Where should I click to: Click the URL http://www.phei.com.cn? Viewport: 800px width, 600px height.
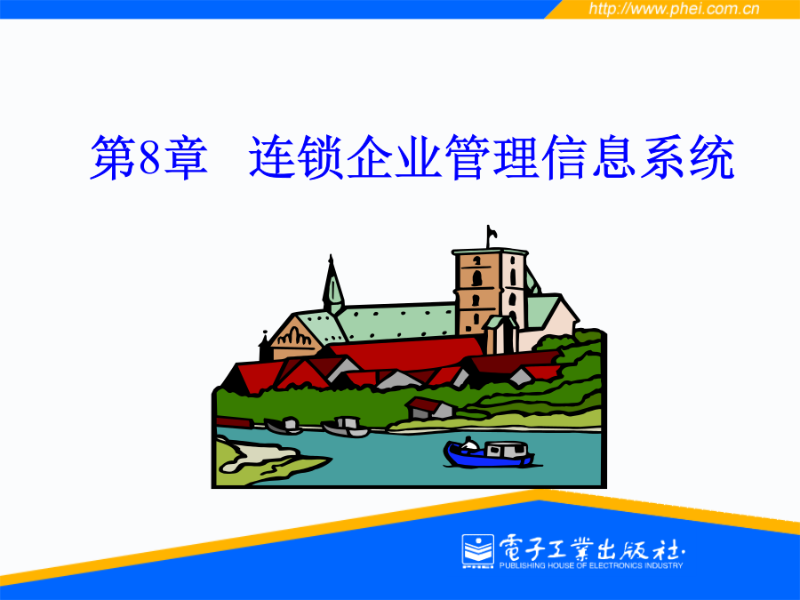click(674, 9)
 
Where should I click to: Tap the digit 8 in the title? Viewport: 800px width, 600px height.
click(149, 157)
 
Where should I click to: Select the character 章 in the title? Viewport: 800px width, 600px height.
click(185, 157)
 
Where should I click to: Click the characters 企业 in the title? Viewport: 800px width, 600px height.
click(395, 157)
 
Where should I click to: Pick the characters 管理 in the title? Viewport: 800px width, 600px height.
click(492, 157)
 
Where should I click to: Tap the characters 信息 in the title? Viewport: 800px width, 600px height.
click(589, 157)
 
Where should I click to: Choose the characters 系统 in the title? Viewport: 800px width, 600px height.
click(687, 157)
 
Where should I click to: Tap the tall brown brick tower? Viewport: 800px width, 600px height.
click(477, 291)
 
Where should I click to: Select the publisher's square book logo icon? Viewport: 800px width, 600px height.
click(478, 551)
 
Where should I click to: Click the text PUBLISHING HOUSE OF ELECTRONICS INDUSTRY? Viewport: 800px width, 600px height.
click(591, 565)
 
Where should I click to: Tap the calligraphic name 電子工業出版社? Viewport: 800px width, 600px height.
click(592, 548)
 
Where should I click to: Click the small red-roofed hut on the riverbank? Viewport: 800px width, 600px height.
click(429, 408)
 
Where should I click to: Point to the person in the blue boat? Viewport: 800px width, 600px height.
click(468, 444)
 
